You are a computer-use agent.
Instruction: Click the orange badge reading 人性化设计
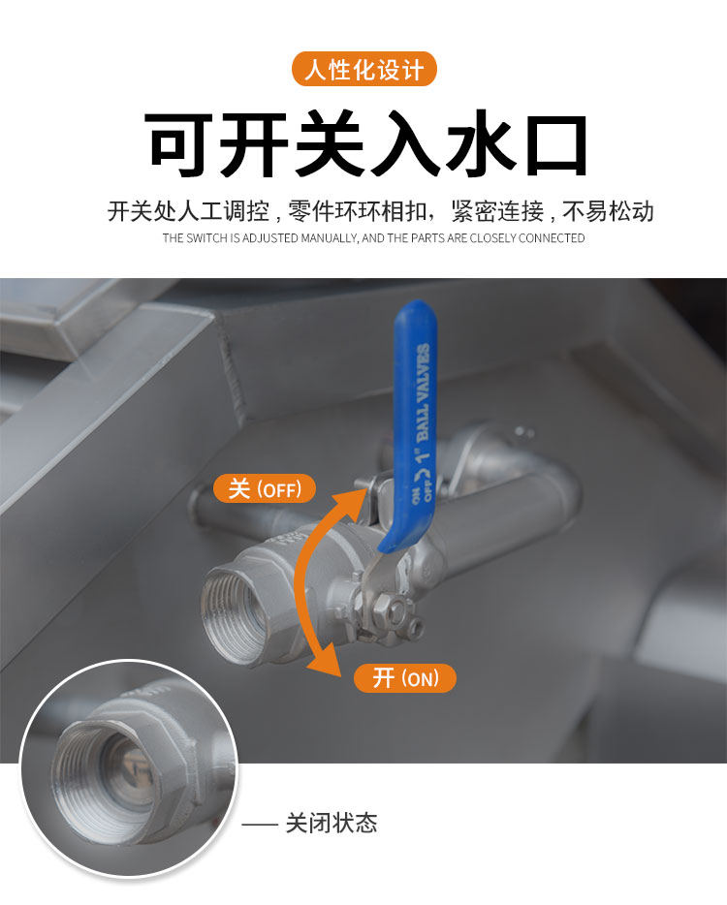coord(363,69)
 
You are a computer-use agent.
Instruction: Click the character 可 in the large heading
coord(177,144)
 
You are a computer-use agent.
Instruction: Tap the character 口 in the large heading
coord(556,145)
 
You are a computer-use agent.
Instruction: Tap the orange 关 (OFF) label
coord(265,489)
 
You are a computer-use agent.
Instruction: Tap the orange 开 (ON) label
coord(405,677)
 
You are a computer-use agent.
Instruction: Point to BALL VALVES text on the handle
coord(424,393)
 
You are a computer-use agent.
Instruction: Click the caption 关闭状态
coord(332,823)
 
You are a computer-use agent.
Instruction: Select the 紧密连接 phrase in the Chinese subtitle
coord(498,211)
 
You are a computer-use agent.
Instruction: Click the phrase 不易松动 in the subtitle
coord(608,211)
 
